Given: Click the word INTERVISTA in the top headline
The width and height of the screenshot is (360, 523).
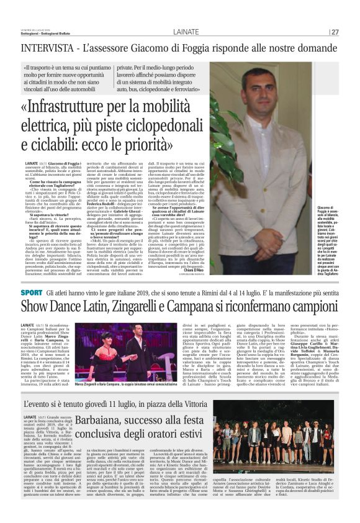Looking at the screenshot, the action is click(x=44, y=48).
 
